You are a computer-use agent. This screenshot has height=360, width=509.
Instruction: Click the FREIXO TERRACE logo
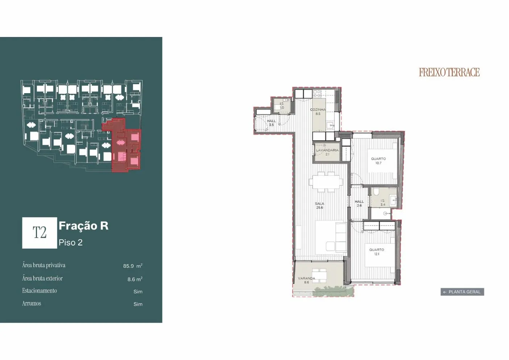point(449,72)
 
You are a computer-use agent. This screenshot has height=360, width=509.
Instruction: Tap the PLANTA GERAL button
point(462,292)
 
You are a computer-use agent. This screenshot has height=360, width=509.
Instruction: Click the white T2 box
point(40,233)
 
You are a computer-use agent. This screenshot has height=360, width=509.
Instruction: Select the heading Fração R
point(83,226)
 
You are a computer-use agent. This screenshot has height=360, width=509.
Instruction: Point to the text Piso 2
point(70,243)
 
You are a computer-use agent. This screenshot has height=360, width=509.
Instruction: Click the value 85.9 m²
point(133,266)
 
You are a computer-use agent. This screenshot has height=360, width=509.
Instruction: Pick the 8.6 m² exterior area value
point(135,279)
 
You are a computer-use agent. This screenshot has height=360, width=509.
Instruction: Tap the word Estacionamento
point(40,291)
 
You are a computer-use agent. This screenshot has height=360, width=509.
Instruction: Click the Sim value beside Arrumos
point(138,304)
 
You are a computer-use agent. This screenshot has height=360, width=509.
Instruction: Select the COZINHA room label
point(318,112)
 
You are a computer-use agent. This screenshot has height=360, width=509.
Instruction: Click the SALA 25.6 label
point(319,206)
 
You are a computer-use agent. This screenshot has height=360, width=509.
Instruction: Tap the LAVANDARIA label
point(327,152)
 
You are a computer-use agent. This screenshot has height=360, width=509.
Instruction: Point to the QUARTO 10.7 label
point(378,161)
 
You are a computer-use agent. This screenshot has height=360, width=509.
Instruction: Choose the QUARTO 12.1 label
point(377,252)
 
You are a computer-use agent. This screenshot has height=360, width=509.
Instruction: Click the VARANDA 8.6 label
point(307,280)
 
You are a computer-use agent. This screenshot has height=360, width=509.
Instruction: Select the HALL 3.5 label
point(271,123)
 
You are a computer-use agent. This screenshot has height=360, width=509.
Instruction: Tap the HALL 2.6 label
point(359,203)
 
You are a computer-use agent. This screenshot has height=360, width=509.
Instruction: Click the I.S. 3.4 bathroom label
point(383,203)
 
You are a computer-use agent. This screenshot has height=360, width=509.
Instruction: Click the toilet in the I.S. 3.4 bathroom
point(376,192)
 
